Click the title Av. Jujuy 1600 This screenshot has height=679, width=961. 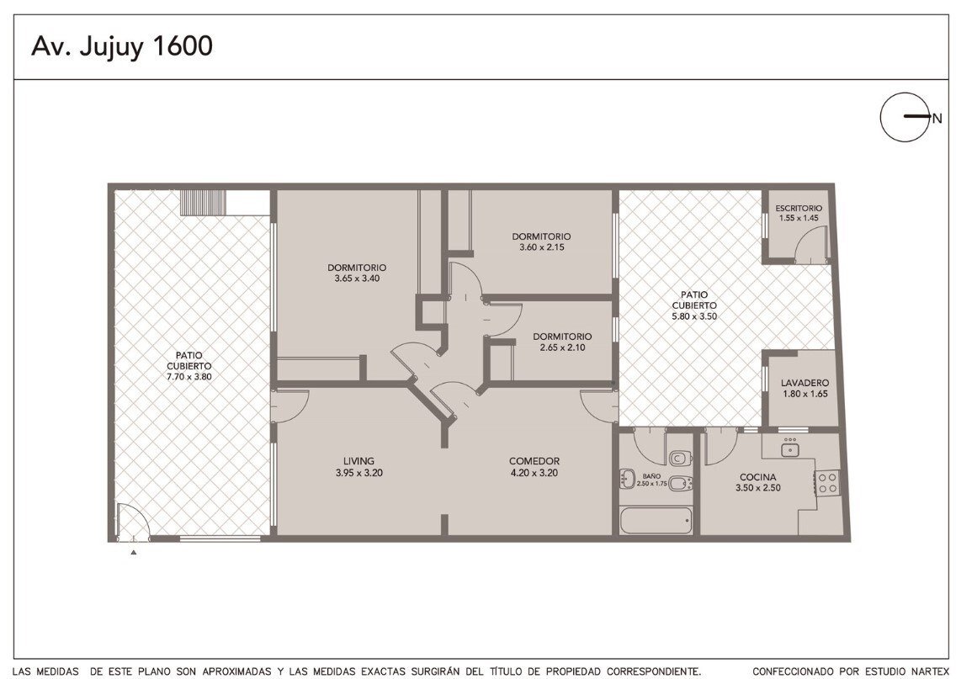pos(122,46)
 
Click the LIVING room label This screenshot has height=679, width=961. pos(359,461)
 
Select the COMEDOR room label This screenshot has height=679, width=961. pos(534,461)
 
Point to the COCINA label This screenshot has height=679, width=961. pos(757,477)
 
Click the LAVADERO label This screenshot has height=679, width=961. pos(804,383)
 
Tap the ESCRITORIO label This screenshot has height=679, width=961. pos(799,209)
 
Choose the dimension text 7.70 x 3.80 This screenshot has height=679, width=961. pos(188,377)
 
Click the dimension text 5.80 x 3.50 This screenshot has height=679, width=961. pos(693,317)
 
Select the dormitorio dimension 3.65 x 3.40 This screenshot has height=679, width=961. pos(357,278)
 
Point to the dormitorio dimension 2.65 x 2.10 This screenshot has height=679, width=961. pos(562,347)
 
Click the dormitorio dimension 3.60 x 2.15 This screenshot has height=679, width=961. pos(541,247)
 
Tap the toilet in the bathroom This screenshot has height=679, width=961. pos(680,457)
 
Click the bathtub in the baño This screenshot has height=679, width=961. pos(656,521)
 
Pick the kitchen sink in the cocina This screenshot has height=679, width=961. pos(790,450)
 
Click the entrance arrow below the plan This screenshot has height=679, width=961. pos(133,552)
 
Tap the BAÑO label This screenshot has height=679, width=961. pos(651,475)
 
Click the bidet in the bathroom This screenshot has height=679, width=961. pos(679,484)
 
